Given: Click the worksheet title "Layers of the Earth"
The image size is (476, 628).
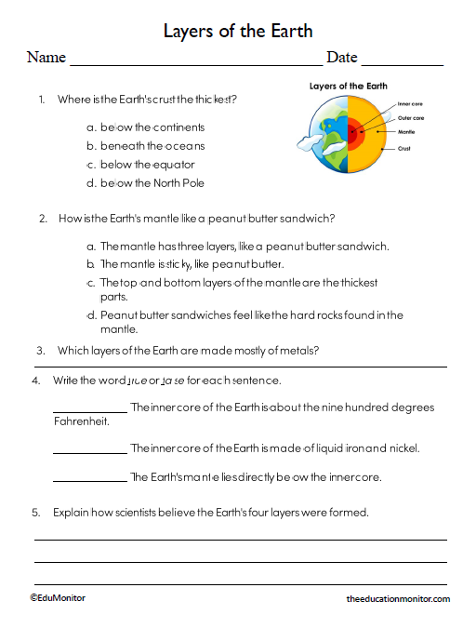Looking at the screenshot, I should point(237,30).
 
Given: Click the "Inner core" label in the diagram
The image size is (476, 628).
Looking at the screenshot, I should point(410,104).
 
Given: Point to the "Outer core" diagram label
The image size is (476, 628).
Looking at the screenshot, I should point(411,118).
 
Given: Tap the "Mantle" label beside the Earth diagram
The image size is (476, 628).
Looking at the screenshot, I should point(406,132).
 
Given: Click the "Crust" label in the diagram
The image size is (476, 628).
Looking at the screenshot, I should point(404,149).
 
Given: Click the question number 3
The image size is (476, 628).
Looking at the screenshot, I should point(40,351).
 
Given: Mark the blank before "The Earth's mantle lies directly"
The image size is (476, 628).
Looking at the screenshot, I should point(90,479).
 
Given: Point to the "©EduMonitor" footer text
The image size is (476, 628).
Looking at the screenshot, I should point(57,598).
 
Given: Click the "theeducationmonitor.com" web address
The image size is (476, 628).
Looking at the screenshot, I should point(397,600).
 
